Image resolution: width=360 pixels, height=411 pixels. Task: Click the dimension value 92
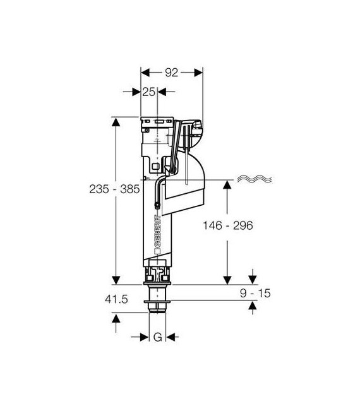172,73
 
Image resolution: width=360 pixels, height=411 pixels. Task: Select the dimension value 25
148,92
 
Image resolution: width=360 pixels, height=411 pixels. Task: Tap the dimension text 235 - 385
114,189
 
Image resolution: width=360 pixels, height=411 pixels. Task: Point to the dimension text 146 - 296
228,225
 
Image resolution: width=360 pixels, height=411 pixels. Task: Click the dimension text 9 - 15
255,294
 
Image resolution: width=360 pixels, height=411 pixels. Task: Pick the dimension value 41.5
116,299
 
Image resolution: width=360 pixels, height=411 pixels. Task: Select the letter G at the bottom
158,337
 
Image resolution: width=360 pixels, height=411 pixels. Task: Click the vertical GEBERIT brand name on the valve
158,231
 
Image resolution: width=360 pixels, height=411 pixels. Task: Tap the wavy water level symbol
255,179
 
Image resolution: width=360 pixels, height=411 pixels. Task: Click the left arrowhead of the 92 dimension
145,73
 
